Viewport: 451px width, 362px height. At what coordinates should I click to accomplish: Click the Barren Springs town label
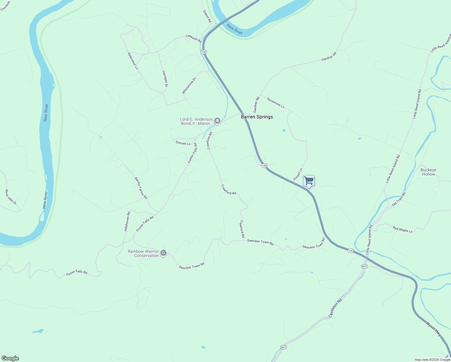pos(257,117)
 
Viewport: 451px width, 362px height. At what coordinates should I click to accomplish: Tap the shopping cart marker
pos(309,181)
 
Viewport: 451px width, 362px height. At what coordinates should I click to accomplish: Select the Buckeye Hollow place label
pos(428,172)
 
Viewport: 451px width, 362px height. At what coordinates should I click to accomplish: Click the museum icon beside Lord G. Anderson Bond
pos(217,121)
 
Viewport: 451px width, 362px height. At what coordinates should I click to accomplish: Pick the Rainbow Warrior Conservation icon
pos(163,253)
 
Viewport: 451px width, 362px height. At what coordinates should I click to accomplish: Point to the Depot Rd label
pos(207,16)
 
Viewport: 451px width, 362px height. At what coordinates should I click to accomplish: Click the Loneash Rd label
pos(194,38)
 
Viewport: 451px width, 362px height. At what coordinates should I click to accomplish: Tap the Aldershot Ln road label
pos(133,61)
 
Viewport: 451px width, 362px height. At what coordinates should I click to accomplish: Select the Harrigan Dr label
pos(165,79)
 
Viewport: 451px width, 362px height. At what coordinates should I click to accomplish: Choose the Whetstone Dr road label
pos(189,86)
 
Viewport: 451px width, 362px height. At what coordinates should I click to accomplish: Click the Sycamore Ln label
pos(276,103)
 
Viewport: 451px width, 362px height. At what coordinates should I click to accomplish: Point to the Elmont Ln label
pos(183,143)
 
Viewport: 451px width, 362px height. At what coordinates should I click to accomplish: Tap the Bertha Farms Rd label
pos(141,188)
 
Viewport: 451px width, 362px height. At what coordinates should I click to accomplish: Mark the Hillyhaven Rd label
pos(127,221)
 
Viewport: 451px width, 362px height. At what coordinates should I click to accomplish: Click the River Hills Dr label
pos(11,197)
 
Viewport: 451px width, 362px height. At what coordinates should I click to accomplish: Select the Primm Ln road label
pos(298,175)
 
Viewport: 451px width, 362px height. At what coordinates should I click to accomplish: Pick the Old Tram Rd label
pos(399,199)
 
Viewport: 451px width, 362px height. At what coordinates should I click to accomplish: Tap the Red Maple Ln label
pos(402,229)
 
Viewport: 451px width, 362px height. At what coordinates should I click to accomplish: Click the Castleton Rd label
pos(336,308)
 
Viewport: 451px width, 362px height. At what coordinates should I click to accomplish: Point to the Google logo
pos(10,358)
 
